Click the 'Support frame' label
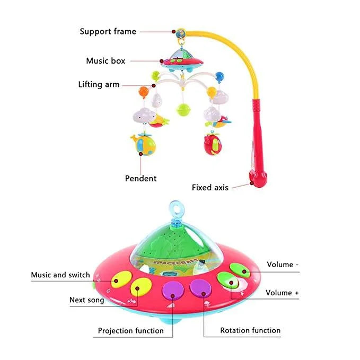pos(108,31)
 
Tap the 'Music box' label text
pos(106,61)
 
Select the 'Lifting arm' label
pos(99,84)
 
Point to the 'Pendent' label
pos(141,178)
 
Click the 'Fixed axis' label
pos(210,187)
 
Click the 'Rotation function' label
pos(250,330)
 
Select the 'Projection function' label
pos(130,330)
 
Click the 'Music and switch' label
pos(60,275)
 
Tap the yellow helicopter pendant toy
pos(144,144)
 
